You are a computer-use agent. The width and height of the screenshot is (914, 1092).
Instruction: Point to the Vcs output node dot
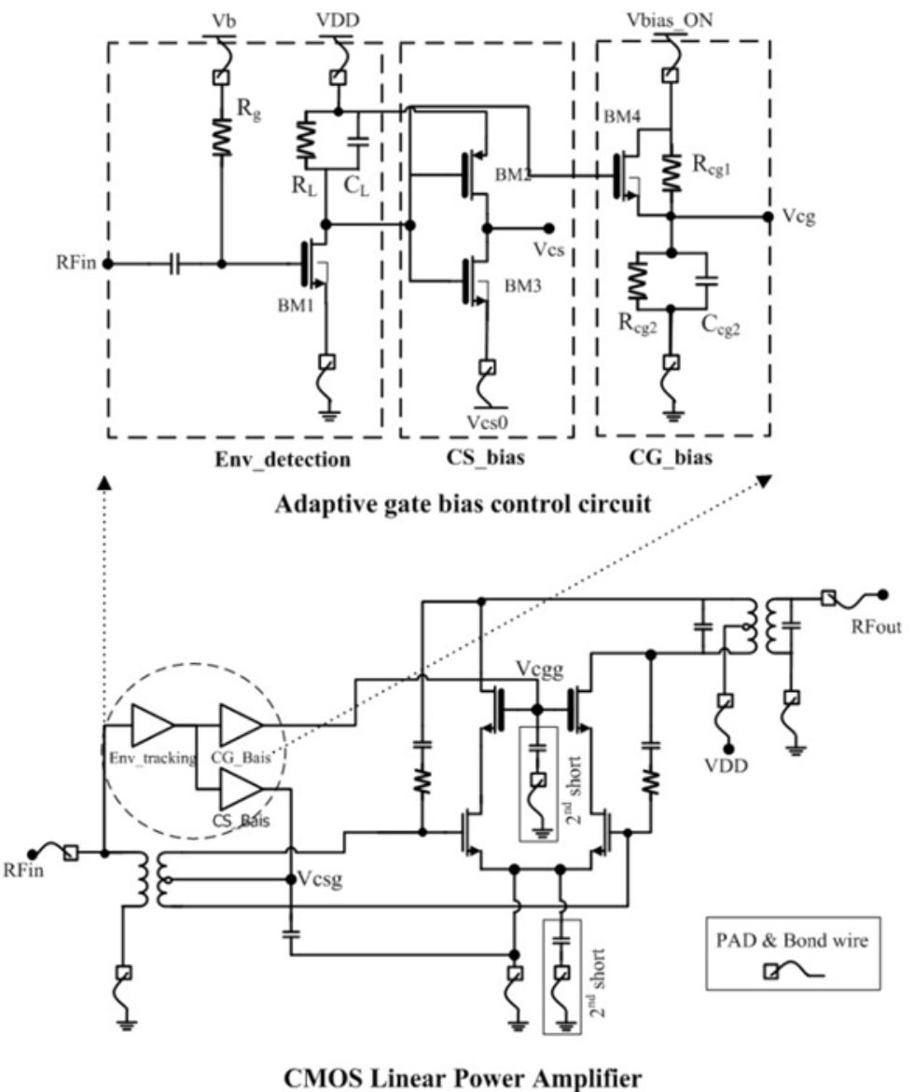coord(551,227)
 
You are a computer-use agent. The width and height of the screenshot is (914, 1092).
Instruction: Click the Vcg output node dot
coord(768,216)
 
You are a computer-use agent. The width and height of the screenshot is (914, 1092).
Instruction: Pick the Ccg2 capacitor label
coord(719,325)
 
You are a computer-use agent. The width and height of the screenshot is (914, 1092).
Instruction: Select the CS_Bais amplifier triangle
coord(239,789)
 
